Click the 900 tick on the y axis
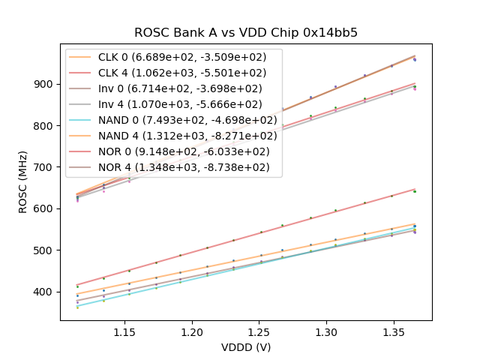[x=46, y=84]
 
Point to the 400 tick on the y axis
[x=46, y=292]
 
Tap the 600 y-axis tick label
[x=46, y=208]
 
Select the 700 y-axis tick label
[x=46, y=167]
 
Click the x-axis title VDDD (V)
[x=246, y=347]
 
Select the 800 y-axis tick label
[x=46, y=126]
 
